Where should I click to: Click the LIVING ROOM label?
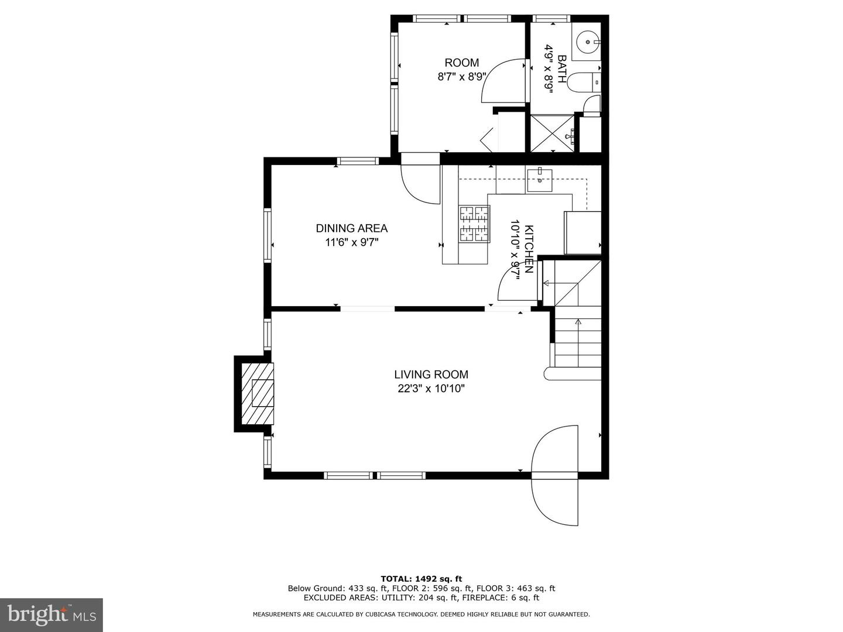coord(431,375)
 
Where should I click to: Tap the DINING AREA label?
coord(352,228)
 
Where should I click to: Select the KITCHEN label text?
coord(529,249)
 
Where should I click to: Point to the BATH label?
coord(561,69)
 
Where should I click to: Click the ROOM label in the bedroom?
coord(461,63)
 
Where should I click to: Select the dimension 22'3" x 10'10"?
coord(431,389)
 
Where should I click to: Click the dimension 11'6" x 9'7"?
coord(352,242)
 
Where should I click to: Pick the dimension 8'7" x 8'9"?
coord(461,77)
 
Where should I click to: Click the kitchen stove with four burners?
coord(474,224)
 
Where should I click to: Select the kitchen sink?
coord(539,180)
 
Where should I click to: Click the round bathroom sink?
coord(587,42)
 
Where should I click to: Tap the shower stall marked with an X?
coord(552,134)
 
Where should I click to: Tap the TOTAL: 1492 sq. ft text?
coord(421,579)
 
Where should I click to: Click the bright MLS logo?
coord(52,614)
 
